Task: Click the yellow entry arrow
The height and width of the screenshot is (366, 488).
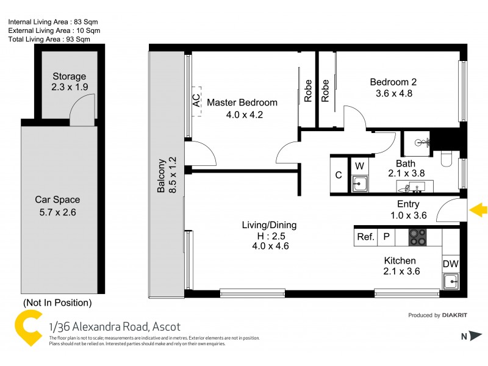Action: pyautogui.click(x=479, y=210)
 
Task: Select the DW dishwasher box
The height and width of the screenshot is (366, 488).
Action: pyautogui.click(x=450, y=264)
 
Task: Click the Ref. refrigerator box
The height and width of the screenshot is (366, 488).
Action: pyautogui.click(x=365, y=237)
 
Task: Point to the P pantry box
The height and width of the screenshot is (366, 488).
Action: pyautogui.click(x=386, y=237)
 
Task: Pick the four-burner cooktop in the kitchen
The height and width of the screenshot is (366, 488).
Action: pyautogui.click(x=418, y=237)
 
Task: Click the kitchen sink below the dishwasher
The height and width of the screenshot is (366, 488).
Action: pyautogui.click(x=450, y=281)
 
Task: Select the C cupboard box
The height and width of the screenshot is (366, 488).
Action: pyautogui.click(x=339, y=175)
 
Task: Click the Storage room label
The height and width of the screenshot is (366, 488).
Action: pyautogui.click(x=69, y=77)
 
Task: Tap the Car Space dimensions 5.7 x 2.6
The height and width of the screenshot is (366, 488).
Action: pyautogui.click(x=57, y=212)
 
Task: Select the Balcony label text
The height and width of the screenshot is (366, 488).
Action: pyautogui.click(x=162, y=176)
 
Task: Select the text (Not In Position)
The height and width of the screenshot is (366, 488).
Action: pyautogui.click(x=57, y=303)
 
